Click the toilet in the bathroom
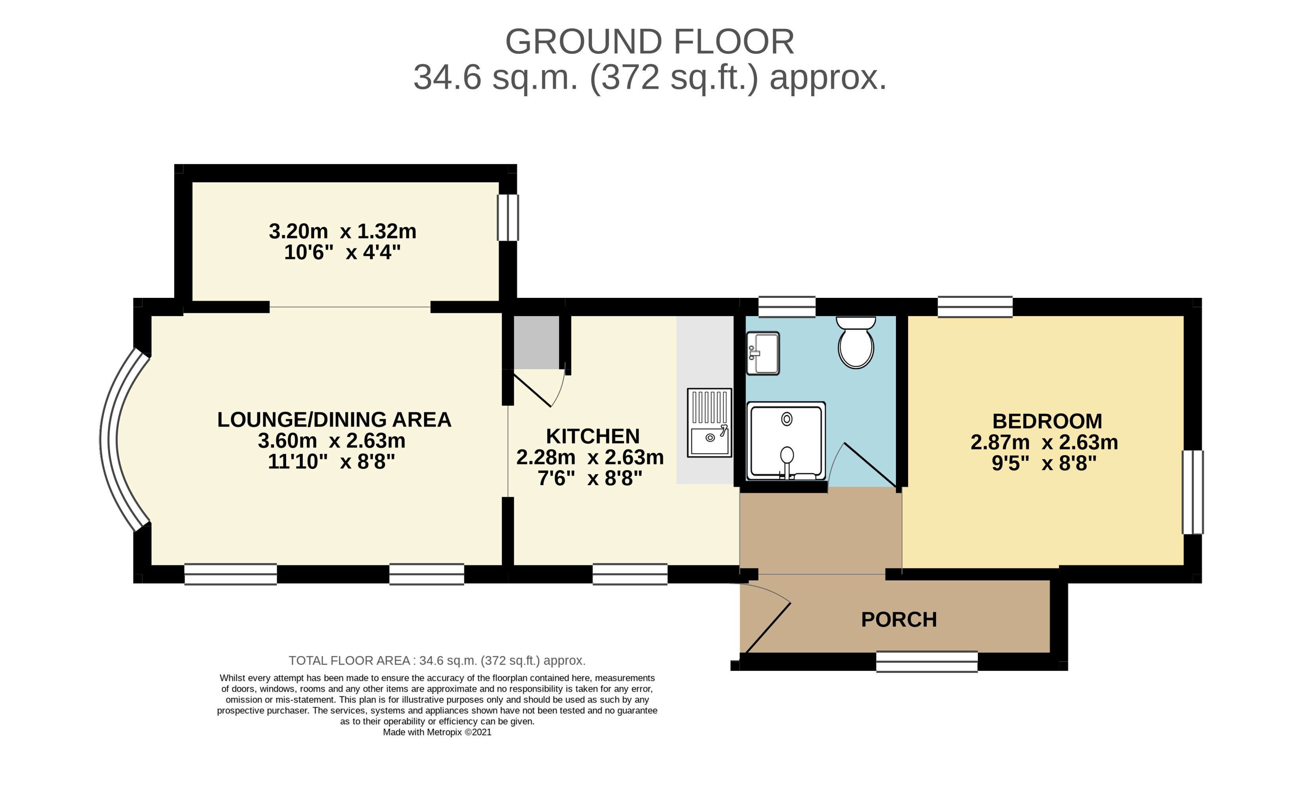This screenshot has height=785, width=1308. (x=856, y=343)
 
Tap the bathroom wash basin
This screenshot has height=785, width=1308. (x=762, y=353)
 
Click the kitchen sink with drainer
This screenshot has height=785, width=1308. (x=709, y=423)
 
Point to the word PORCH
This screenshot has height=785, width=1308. (x=899, y=619)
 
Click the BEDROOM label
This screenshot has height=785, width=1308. (x=1047, y=421)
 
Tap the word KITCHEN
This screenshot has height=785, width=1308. (x=593, y=436)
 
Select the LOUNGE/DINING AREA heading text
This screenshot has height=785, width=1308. (x=334, y=419)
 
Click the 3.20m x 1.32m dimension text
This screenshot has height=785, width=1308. (x=342, y=231)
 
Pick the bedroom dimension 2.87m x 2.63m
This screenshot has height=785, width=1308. (x=1044, y=442)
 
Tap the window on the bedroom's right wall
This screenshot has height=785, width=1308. (x=1193, y=492)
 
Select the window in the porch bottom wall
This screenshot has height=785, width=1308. (x=927, y=662)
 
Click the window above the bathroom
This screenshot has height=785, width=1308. (x=787, y=307)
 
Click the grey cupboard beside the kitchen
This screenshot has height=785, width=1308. (x=536, y=342)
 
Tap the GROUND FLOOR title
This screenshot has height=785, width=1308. (x=650, y=41)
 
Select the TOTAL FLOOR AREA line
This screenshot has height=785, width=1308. (x=437, y=661)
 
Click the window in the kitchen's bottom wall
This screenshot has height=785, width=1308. (x=630, y=574)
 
